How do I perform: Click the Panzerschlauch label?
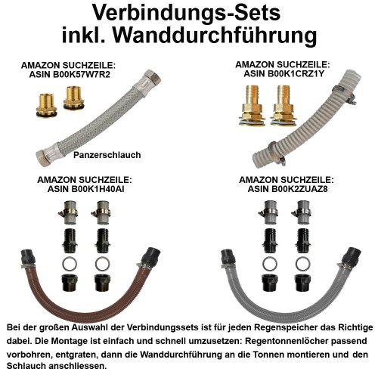click(x=108, y=154)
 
